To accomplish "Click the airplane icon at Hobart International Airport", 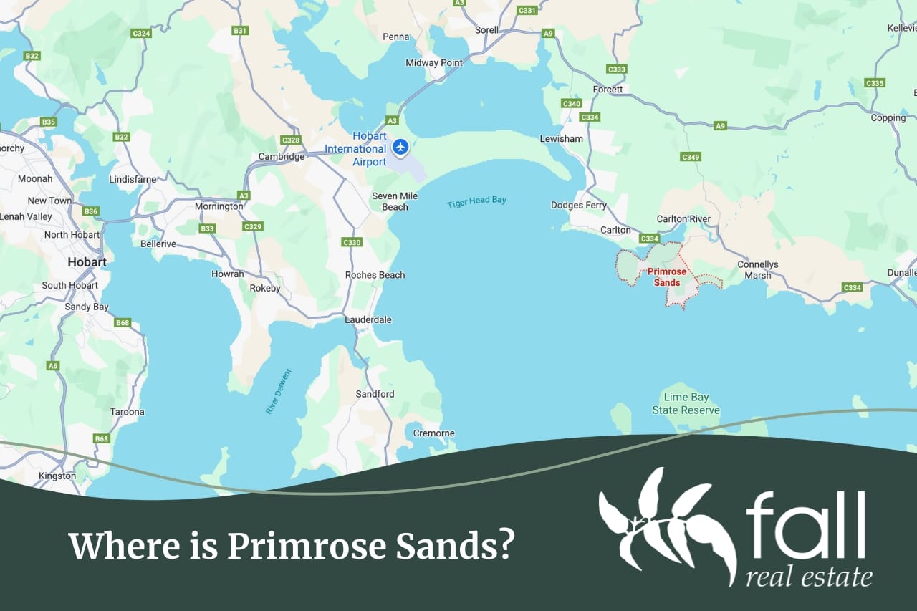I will (400, 147).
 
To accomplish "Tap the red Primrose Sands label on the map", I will (667, 277).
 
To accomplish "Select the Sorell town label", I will (487, 30).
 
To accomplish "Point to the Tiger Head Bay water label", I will (476, 202).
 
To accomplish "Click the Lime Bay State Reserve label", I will (686, 404).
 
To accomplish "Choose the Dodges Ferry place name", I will (579, 206).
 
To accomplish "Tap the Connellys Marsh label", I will (758, 270).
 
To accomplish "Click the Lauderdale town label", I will (368, 319).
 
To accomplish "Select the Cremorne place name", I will (434, 433).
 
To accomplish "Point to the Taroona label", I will (128, 412).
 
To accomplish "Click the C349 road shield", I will (691, 157).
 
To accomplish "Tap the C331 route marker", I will (527, 10).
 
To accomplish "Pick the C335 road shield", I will (875, 83).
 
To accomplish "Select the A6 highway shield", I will (53, 366).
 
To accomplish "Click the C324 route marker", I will (141, 33).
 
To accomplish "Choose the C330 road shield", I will (352, 242).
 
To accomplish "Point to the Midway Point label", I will (434, 63).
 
